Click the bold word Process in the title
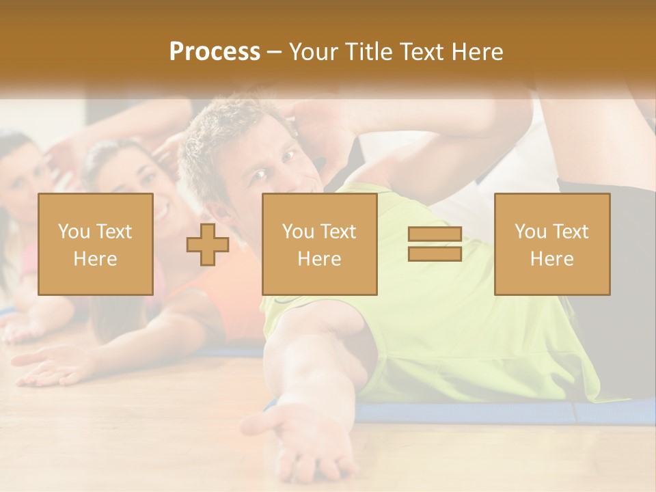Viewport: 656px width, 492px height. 215,52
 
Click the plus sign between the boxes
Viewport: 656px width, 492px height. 208,245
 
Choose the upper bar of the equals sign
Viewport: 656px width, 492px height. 435,234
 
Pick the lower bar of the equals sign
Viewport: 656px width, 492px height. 435,254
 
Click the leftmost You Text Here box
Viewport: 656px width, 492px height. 96,245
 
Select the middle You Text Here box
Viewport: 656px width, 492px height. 320,245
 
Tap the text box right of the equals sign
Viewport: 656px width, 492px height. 552,245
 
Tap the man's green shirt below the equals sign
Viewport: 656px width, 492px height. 437,321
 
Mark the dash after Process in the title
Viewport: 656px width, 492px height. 275,53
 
